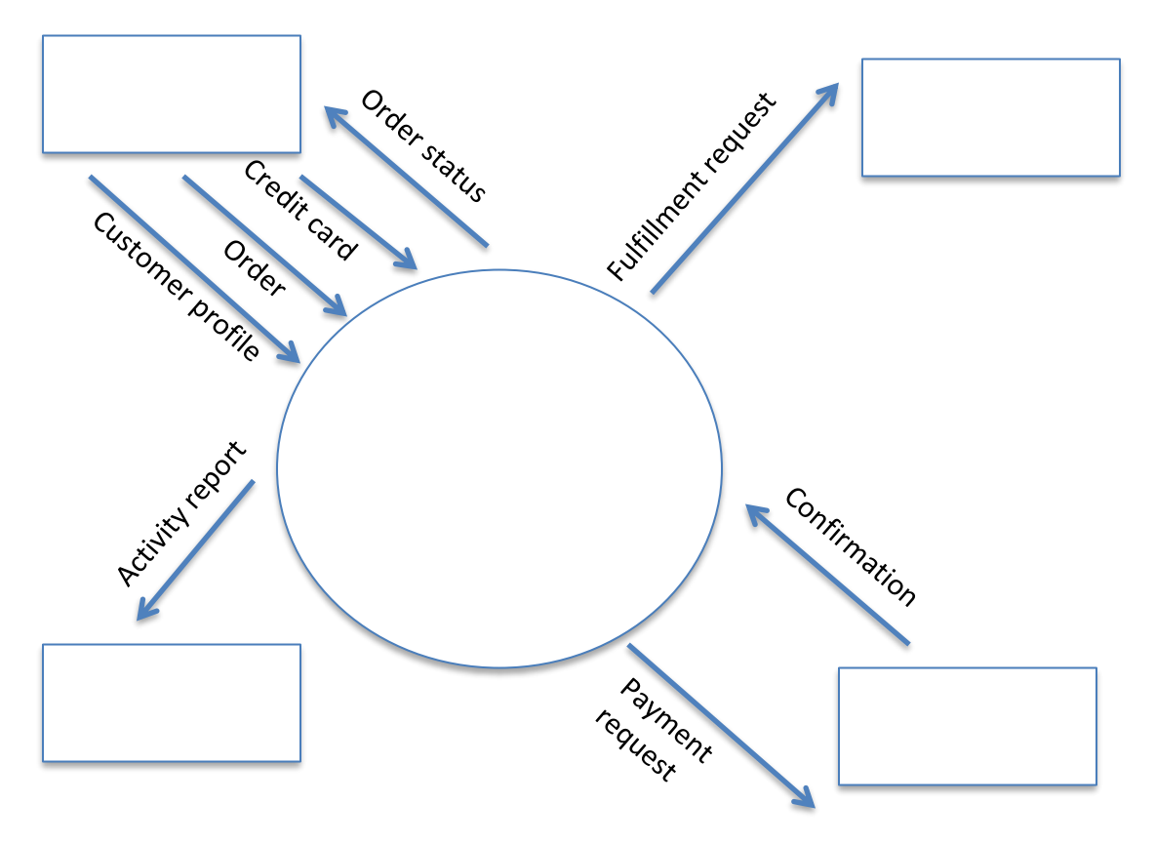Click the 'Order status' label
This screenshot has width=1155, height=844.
422,145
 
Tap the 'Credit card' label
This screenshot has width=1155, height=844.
299,210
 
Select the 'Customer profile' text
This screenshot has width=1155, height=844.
177,286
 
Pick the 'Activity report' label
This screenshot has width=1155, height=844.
181,513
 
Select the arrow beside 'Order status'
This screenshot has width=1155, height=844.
406,177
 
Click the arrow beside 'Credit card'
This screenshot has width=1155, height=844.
358,222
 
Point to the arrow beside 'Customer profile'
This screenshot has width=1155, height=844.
194,269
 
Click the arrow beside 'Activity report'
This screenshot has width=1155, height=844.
195,550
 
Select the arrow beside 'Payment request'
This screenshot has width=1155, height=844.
721,725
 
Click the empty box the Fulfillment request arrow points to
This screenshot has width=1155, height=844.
990,117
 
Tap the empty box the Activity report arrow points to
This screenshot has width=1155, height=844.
171,703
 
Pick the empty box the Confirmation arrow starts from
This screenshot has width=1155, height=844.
967,726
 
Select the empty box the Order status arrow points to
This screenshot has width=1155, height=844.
171,94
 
